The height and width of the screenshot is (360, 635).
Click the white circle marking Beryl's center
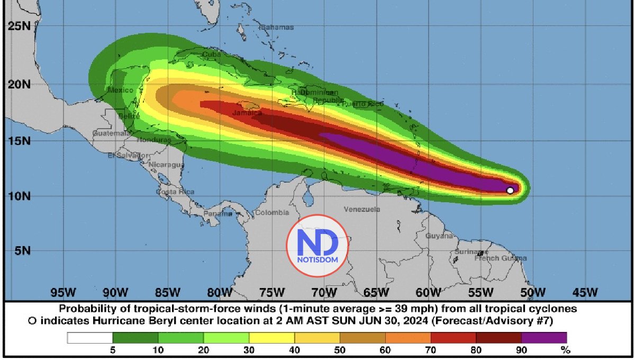tap(510, 191)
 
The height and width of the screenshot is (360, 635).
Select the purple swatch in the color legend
tap(544, 338)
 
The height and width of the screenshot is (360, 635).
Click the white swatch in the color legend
tap(90, 338)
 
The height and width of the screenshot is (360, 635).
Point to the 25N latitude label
tap(19, 25)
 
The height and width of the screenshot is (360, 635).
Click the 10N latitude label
tap(19, 196)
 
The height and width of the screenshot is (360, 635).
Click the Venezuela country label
tap(362, 210)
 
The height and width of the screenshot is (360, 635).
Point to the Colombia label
tap(272, 213)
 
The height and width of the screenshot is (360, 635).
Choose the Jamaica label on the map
tap(247, 113)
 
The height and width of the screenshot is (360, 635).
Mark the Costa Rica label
tap(175, 191)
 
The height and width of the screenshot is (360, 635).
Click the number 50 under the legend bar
tap(340, 350)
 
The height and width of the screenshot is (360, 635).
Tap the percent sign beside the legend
tap(565, 350)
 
